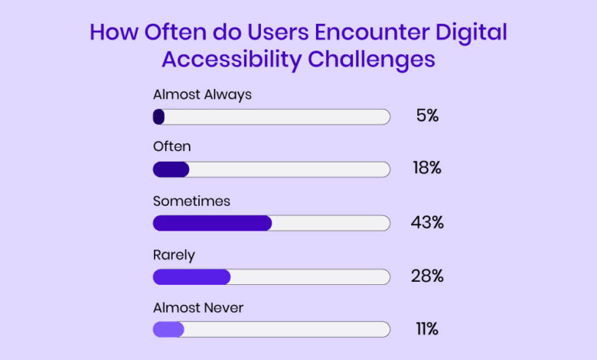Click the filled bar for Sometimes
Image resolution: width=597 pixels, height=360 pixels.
coord(212,223)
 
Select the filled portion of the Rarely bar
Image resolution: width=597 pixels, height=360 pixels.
coord(191,277)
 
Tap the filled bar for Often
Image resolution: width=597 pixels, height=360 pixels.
coord(171,170)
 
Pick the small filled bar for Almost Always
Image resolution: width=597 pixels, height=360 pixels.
coord(159,117)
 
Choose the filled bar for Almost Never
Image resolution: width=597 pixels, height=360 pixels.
coord(168,329)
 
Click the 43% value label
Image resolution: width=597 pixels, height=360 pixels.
coord(427,223)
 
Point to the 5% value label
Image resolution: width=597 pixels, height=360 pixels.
coord(427,117)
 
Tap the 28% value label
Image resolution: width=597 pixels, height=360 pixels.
coord(427,277)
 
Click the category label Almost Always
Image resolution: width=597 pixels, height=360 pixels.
coord(202,95)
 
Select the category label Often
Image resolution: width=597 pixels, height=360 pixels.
coord(171,146)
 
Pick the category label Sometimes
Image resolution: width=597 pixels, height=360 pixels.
coord(191,201)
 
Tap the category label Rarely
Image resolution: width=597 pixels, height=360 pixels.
coord(174,254)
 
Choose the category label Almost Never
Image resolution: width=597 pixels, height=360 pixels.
coord(198,307)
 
